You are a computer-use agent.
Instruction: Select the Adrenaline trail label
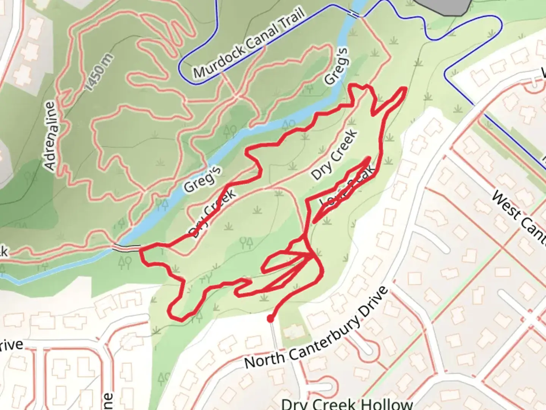click(x=52, y=135)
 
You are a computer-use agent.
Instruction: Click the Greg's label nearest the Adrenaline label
click(x=202, y=179)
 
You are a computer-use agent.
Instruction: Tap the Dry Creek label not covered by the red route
click(x=334, y=155)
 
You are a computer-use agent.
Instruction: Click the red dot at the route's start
click(x=270, y=319)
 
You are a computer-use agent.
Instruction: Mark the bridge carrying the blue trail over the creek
click(x=354, y=14)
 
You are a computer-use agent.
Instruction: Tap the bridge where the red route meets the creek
click(x=126, y=248)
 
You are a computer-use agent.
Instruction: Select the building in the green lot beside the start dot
click(x=292, y=332)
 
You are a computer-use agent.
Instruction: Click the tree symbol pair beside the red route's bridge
click(x=125, y=262)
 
